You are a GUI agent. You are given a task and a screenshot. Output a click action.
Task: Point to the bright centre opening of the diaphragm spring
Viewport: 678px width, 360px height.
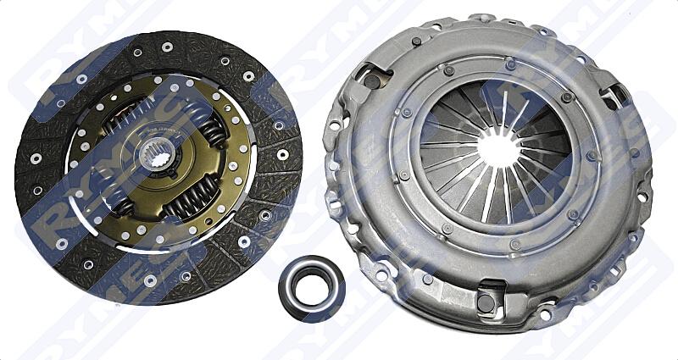497,150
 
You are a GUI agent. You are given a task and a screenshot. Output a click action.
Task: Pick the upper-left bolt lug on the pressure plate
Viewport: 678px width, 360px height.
374,80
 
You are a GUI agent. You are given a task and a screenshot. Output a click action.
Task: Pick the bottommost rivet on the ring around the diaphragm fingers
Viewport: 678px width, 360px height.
514,245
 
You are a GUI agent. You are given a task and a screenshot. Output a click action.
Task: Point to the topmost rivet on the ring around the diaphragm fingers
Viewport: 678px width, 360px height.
510,64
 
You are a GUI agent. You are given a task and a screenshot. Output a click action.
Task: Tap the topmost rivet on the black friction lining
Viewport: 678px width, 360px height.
166,47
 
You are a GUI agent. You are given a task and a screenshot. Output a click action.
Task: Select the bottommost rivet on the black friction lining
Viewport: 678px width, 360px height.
150,280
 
